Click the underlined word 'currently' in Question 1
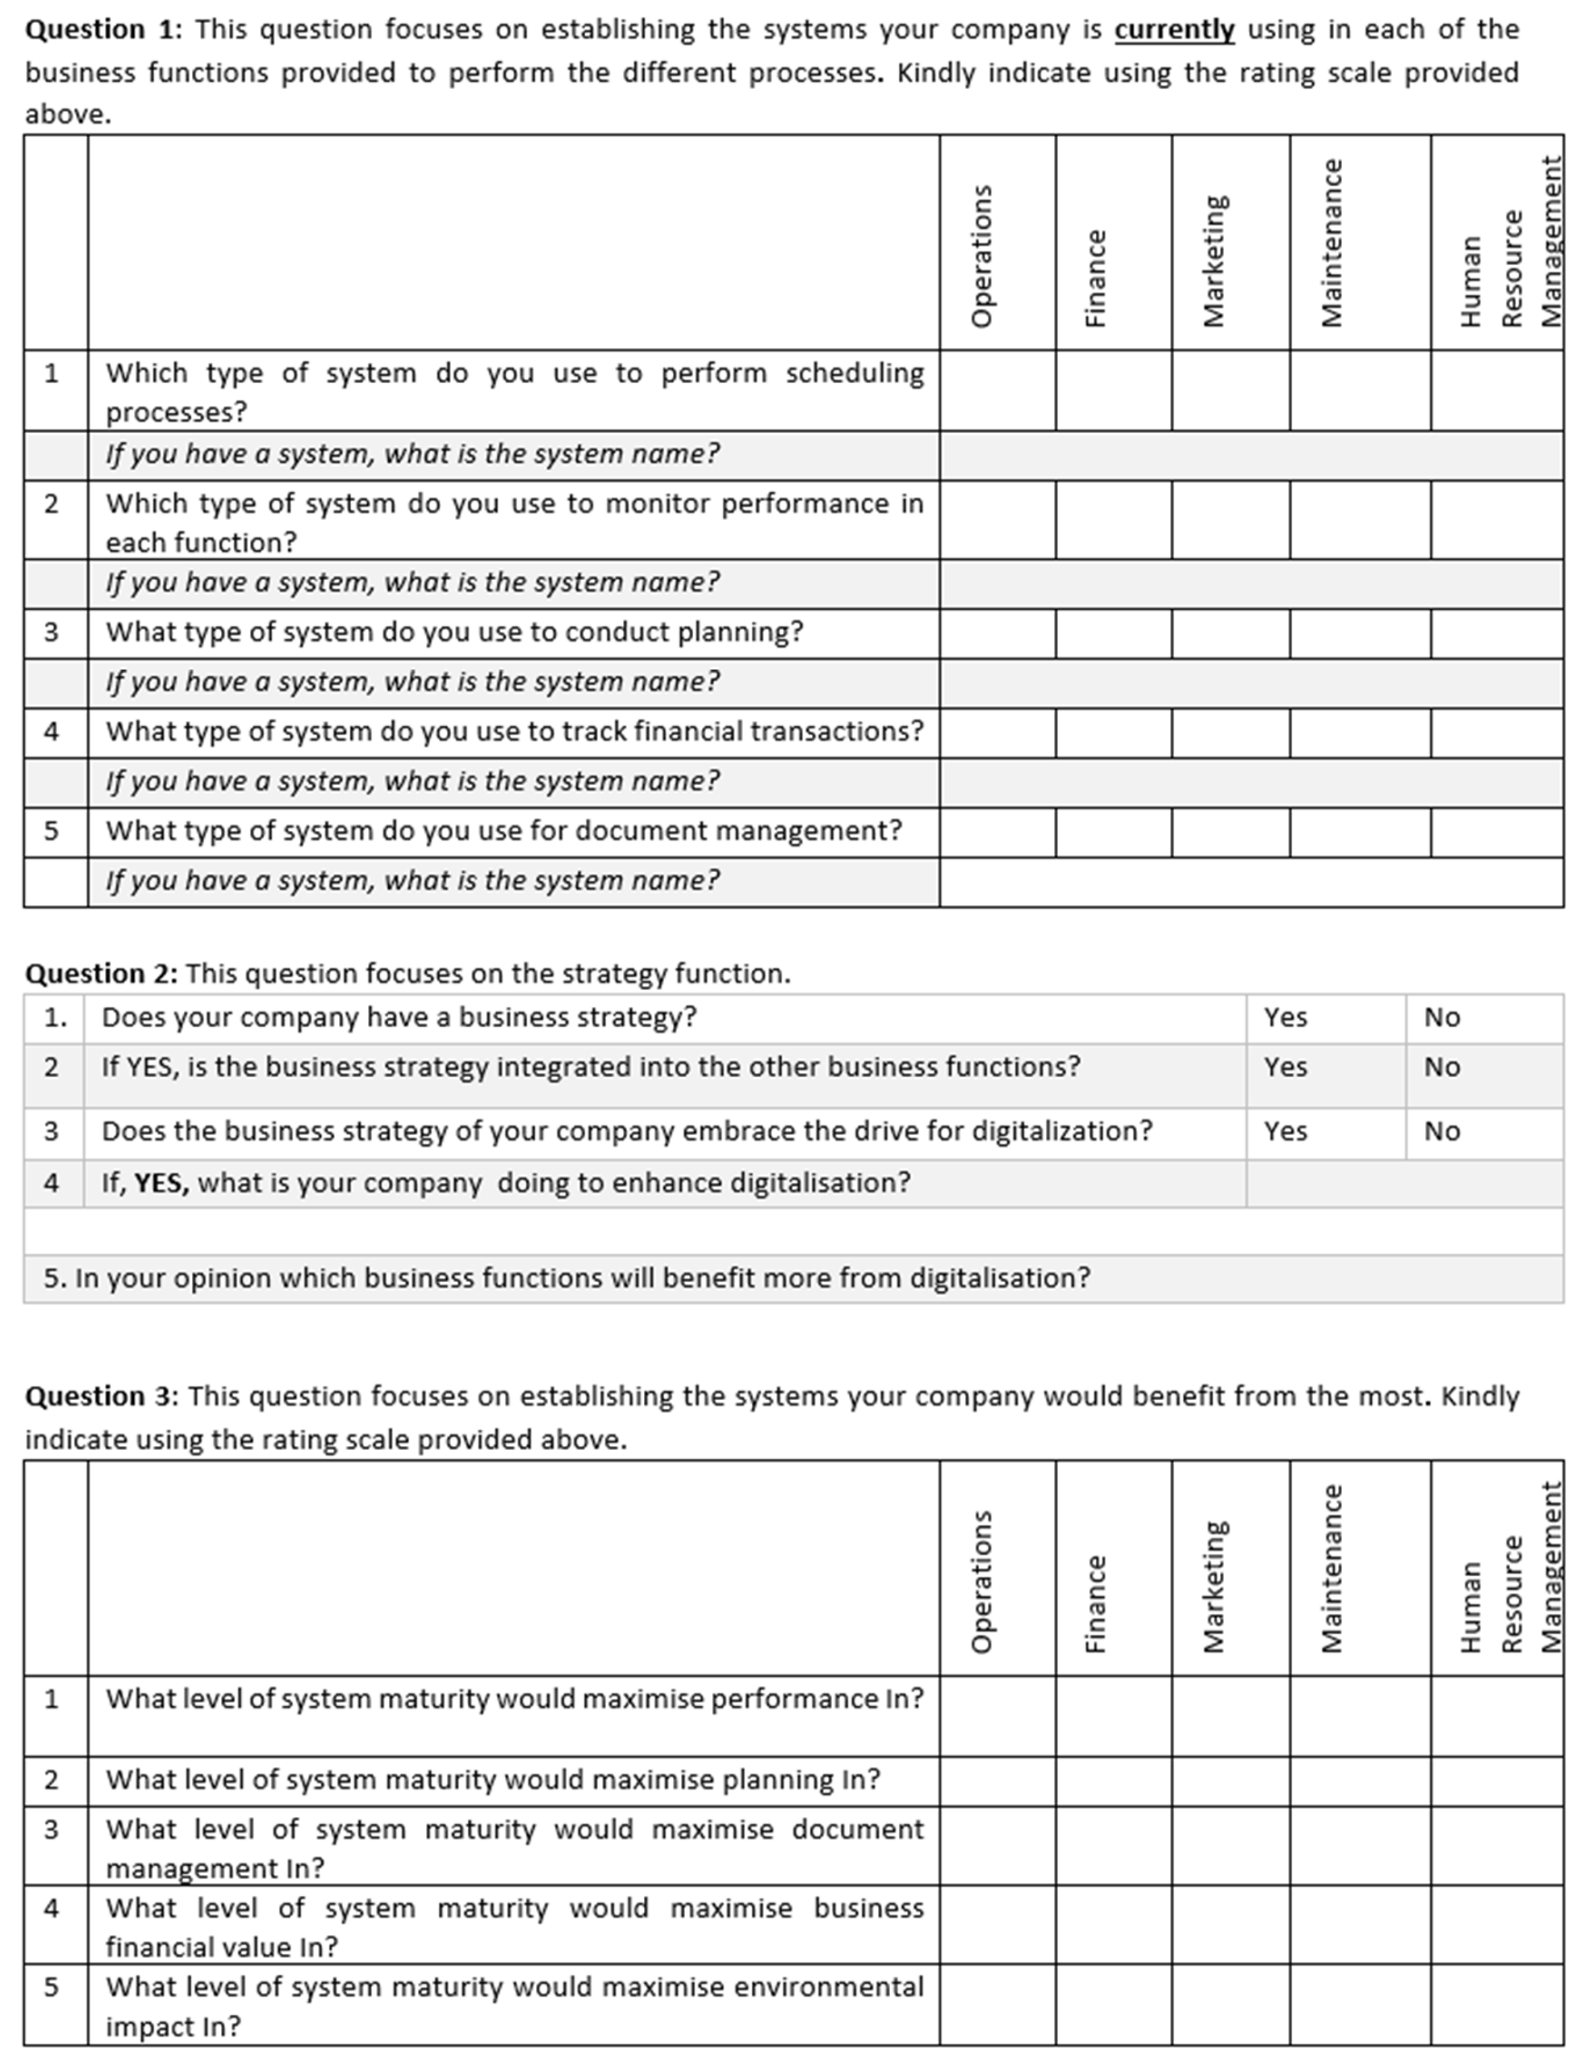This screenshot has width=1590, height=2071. coord(1174,30)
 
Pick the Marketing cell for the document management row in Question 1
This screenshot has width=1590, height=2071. coord(1230,832)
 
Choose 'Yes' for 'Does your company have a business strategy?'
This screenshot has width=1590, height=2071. coord(1285,1017)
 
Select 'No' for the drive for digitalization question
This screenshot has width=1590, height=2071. coord(1442,1132)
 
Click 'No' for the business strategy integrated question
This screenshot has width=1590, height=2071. coord(1442,1067)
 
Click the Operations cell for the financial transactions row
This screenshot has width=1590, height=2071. coord(998,732)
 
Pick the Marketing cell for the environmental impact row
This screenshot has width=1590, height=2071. coord(1230,2005)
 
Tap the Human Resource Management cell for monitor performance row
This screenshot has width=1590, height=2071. coord(1496,520)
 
